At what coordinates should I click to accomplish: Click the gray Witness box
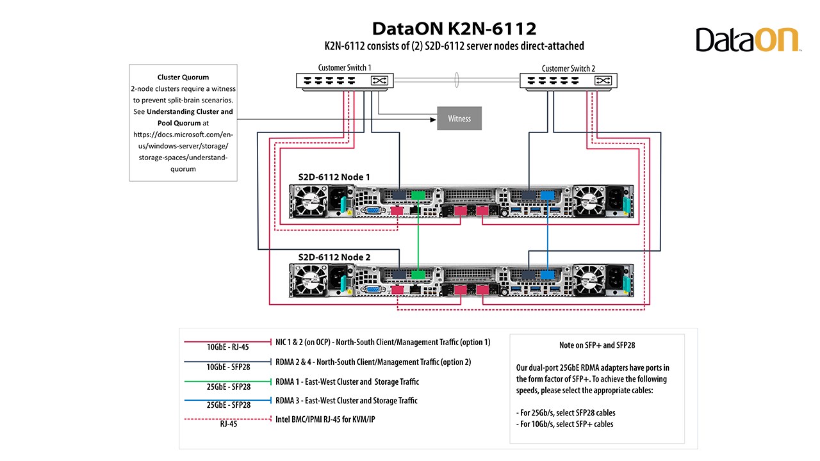[459, 118]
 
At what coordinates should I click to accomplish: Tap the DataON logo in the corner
[748, 40]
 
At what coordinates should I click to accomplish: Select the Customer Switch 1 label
[345, 68]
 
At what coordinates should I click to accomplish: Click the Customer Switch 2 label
[568, 69]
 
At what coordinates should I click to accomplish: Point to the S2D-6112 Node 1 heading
[334, 177]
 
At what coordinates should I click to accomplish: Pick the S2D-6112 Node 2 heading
[334, 257]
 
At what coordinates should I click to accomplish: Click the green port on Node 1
[418, 195]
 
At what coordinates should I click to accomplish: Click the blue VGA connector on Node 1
[371, 209]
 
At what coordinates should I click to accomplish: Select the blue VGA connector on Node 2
[371, 290]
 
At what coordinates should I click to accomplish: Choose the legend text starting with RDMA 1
[347, 382]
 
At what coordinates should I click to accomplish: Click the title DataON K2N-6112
[454, 29]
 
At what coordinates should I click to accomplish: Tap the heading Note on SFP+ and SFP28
[596, 345]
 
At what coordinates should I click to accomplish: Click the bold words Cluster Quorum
[183, 77]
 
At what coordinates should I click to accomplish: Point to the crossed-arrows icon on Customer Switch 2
[602, 81]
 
